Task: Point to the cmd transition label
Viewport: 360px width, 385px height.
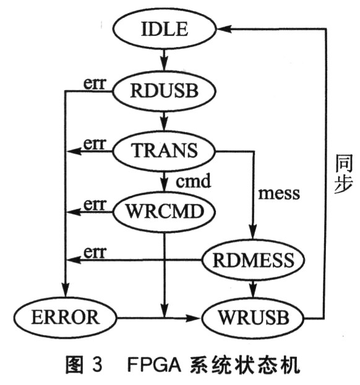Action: (193, 182)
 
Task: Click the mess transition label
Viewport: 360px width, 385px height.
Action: (279, 193)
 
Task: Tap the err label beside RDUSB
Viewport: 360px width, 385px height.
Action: (95, 83)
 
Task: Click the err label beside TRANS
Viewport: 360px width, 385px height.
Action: (95, 143)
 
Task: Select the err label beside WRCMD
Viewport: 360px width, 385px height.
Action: (95, 205)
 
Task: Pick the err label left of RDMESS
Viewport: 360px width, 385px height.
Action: (95, 252)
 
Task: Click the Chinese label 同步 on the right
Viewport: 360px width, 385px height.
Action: (344, 174)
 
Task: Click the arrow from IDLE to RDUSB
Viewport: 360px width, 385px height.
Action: (165, 61)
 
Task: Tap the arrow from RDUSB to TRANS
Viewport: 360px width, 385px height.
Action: (165, 121)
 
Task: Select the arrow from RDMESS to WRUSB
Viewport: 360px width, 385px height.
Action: (254, 289)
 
